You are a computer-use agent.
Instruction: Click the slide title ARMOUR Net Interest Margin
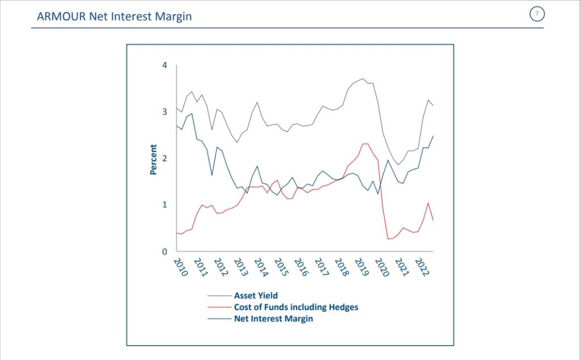click(x=114, y=16)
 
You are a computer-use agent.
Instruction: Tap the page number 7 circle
click(x=536, y=14)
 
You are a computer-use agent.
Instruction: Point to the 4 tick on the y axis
click(x=165, y=65)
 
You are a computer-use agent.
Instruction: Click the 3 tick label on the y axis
click(x=165, y=112)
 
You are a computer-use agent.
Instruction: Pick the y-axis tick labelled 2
click(x=165, y=158)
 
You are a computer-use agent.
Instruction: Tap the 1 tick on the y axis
click(x=165, y=205)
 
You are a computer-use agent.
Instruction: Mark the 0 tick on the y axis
click(x=165, y=252)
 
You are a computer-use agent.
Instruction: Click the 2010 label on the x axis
click(x=180, y=267)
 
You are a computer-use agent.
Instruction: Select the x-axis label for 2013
click(x=241, y=267)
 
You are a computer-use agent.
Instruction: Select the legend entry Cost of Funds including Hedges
click(x=296, y=307)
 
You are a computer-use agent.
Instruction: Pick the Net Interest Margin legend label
click(x=273, y=319)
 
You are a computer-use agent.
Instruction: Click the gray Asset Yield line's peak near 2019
click(x=363, y=79)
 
